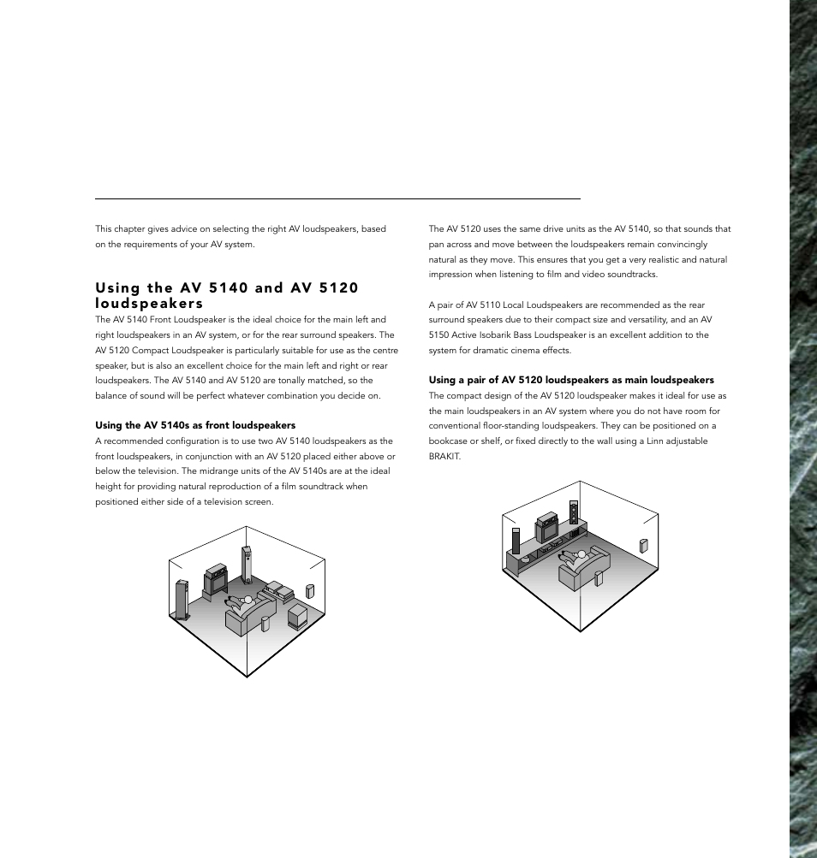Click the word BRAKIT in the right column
coord(444,456)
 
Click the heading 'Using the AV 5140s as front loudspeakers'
coord(195,425)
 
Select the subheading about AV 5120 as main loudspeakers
coord(571,380)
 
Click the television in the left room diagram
coord(214,579)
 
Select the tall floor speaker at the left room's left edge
coord(182,600)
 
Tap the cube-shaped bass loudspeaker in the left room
coord(298,615)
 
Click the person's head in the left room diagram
coord(247,600)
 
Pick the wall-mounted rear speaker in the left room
coord(310,591)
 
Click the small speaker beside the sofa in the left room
coord(265,623)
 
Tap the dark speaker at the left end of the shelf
coord(516,541)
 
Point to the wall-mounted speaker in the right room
coord(643,546)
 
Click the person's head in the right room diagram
coord(581,554)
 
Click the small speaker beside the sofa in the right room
coord(599,577)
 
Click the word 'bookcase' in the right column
coord(450,441)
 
